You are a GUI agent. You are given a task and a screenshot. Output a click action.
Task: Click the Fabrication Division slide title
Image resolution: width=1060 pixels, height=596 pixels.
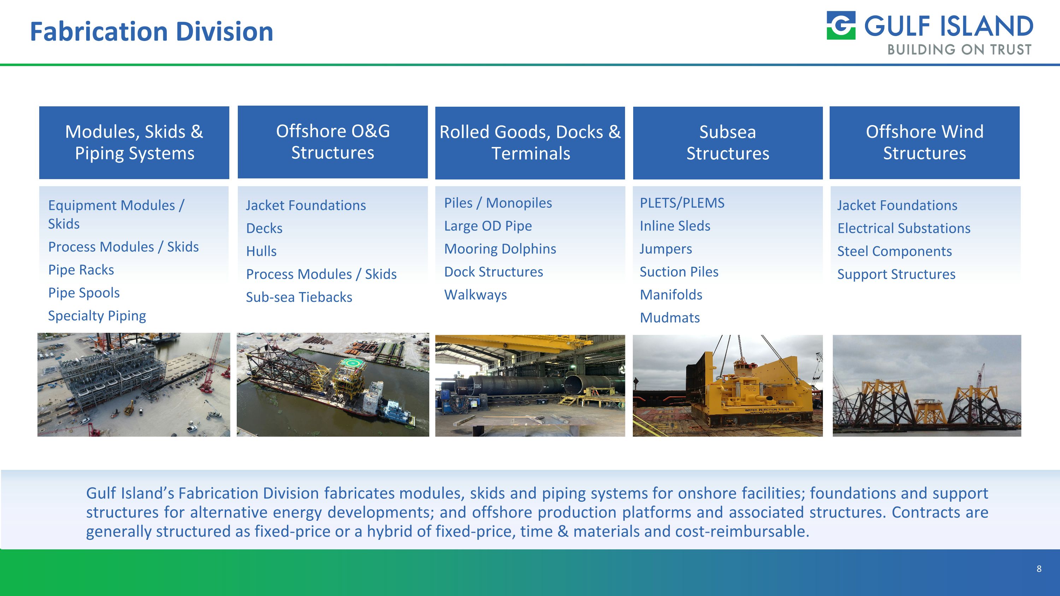[x=152, y=32]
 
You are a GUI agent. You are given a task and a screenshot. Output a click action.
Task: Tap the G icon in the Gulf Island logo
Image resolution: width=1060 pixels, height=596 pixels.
[x=841, y=25]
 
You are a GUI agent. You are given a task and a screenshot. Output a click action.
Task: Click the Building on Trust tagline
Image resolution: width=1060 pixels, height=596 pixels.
[x=959, y=50]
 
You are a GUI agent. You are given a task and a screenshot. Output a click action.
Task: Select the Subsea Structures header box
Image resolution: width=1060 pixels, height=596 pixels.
[x=728, y=142]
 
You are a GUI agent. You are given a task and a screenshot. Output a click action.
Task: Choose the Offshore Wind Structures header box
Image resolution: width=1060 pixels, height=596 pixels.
[x=924, y=142]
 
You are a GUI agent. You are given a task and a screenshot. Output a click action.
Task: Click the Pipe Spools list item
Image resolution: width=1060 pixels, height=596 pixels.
[x=84, y=293]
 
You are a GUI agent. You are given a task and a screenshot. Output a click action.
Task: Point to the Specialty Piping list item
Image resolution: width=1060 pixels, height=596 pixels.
[x=97, y=315]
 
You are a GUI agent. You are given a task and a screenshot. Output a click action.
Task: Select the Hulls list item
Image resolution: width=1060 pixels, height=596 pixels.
[x=261, y=251]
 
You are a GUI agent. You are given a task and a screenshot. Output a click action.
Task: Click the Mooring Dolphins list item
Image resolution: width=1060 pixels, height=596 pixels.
[x=500, y=249]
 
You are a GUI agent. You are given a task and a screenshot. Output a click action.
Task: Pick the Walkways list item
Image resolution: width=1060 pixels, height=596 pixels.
[x=475, y=295]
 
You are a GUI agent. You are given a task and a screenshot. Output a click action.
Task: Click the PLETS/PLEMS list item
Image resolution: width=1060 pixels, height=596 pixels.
[x=682, y=203]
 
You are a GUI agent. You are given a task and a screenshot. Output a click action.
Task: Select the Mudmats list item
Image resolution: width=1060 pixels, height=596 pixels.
[x=670, y=318]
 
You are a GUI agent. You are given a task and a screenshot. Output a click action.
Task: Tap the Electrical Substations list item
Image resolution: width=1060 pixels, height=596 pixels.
[x=903, y=228]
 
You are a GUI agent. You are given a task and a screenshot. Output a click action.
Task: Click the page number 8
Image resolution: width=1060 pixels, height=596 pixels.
[x=1038, y=569]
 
